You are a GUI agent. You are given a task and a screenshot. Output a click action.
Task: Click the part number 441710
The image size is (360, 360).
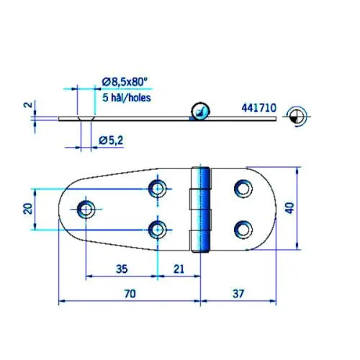[259, 108]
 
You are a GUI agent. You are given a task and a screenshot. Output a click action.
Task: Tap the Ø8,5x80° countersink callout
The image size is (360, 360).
[124, 82]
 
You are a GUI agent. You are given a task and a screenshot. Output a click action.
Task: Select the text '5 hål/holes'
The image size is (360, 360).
[127, 98]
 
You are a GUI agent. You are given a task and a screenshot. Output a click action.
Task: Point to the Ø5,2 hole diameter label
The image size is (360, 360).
[111, 140]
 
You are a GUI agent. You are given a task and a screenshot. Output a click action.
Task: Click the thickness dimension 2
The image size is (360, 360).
[28, 105]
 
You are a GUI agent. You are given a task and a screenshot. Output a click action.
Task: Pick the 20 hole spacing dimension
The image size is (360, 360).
[27, 209]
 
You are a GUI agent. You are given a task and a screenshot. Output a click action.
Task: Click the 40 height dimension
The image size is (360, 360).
[289, 208]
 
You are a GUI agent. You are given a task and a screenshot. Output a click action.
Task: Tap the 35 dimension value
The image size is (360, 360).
[122, 269]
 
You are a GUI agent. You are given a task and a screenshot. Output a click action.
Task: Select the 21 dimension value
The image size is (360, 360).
[179, 269]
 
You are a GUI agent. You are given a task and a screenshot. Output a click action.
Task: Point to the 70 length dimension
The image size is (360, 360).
[130, 294]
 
